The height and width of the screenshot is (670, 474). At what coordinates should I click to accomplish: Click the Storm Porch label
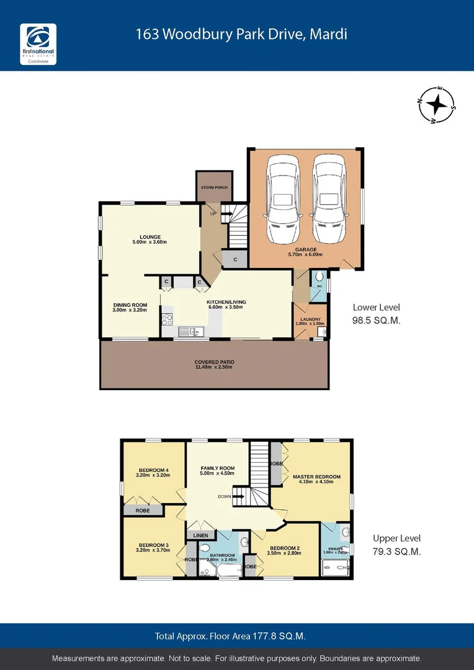click(x=214, y=187)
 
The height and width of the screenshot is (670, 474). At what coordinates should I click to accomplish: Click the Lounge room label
click(x=150, y=236)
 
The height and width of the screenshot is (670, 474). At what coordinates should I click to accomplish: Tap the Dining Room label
click(x=130, y=305)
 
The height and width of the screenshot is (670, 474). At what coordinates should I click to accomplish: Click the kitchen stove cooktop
click(x=167, y=320)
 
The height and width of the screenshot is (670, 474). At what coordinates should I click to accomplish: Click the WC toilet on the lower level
click(x=319, y=277)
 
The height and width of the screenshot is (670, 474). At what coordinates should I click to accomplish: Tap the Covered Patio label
click(x=214, y=362)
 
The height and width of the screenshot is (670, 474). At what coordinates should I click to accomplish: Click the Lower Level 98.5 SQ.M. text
click(x=376, y=313)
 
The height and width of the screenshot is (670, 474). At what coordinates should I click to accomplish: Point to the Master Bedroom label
click(x=316, y=476)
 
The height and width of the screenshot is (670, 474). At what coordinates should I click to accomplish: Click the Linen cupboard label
click(x=200, y=535)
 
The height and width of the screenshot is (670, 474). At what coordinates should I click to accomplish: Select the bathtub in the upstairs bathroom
click(x=220, y=571)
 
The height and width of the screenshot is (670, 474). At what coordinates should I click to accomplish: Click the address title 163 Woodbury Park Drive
click(x=241, y=34)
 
